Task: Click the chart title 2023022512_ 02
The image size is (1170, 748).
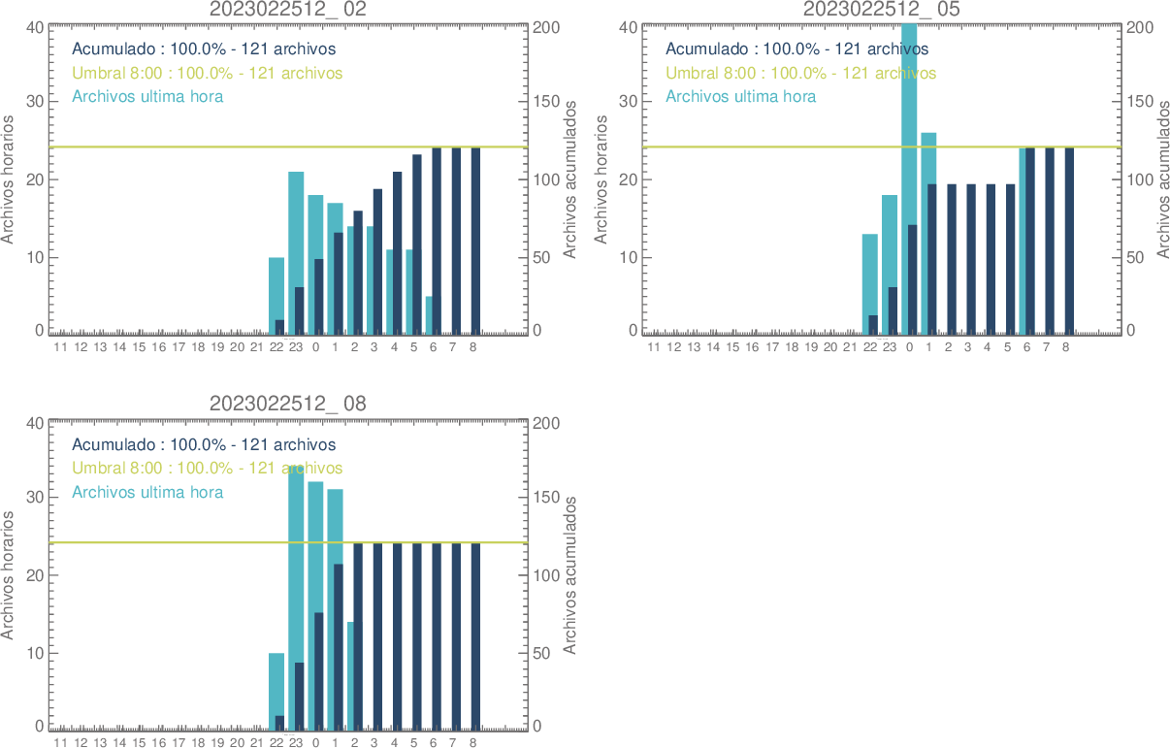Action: click(x=288, y=9)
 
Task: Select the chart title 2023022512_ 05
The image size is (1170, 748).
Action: click(x=882, y=9)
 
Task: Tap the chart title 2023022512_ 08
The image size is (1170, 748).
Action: click(x=288, y=404)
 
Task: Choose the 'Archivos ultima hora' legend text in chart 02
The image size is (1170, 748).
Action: click(x=147, y=96)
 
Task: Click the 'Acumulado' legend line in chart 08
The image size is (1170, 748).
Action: click(x=204, y=444)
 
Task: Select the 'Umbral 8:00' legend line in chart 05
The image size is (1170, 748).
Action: click(x=800, y=73)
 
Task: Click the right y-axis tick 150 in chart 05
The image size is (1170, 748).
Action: click(x=1139, y=101)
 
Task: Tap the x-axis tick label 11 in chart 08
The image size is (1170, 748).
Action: click(x=60, y=743)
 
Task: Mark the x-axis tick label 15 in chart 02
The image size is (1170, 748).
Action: click(x=139, y=347)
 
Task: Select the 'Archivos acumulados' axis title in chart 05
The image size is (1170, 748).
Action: click(x=1162, y=179)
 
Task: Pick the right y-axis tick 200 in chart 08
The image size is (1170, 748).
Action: click(x=547, y=423)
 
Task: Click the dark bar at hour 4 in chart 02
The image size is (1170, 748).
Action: click(x=397, y=253)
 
